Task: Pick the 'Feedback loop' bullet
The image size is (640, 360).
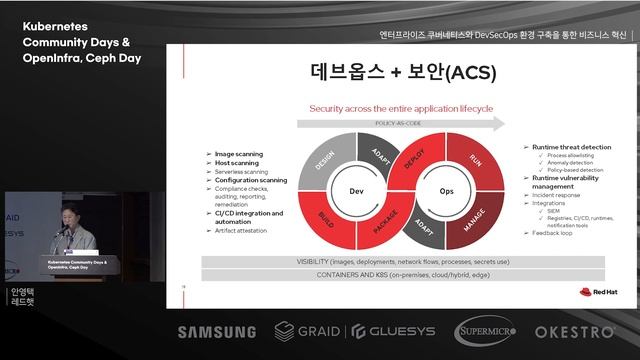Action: (x=553, y=232)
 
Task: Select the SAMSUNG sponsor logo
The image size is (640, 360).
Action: (x=217, y=332)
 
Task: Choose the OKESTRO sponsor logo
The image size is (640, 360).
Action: (x=574, y=331)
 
